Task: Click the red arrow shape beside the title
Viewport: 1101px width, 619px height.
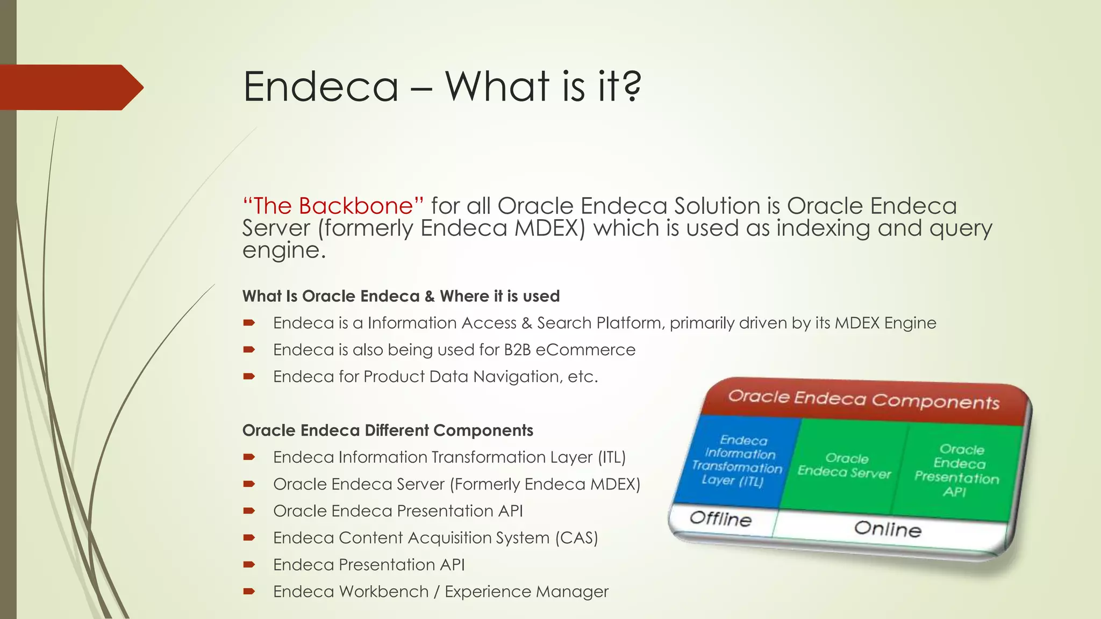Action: [70, 87]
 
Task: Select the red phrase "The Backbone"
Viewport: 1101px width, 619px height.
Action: [333, 206]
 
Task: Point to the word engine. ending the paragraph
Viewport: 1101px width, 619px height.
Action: [284, 250]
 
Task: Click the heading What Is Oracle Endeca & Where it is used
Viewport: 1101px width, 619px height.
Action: [401, 296]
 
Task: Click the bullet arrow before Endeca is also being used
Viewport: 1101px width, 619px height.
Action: [248, 350]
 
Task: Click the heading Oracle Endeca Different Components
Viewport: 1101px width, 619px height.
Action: [387, 430]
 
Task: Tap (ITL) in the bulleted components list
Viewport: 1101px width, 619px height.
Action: [612, 457]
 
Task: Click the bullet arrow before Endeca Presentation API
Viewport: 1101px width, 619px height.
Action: [248, 565]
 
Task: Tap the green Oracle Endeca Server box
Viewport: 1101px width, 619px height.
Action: [845, 465]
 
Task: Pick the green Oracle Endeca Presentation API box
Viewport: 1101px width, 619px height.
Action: [957, 471]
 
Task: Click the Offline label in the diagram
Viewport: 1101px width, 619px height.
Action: [720, 519]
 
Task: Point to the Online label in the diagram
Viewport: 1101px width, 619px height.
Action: [888, 529]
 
